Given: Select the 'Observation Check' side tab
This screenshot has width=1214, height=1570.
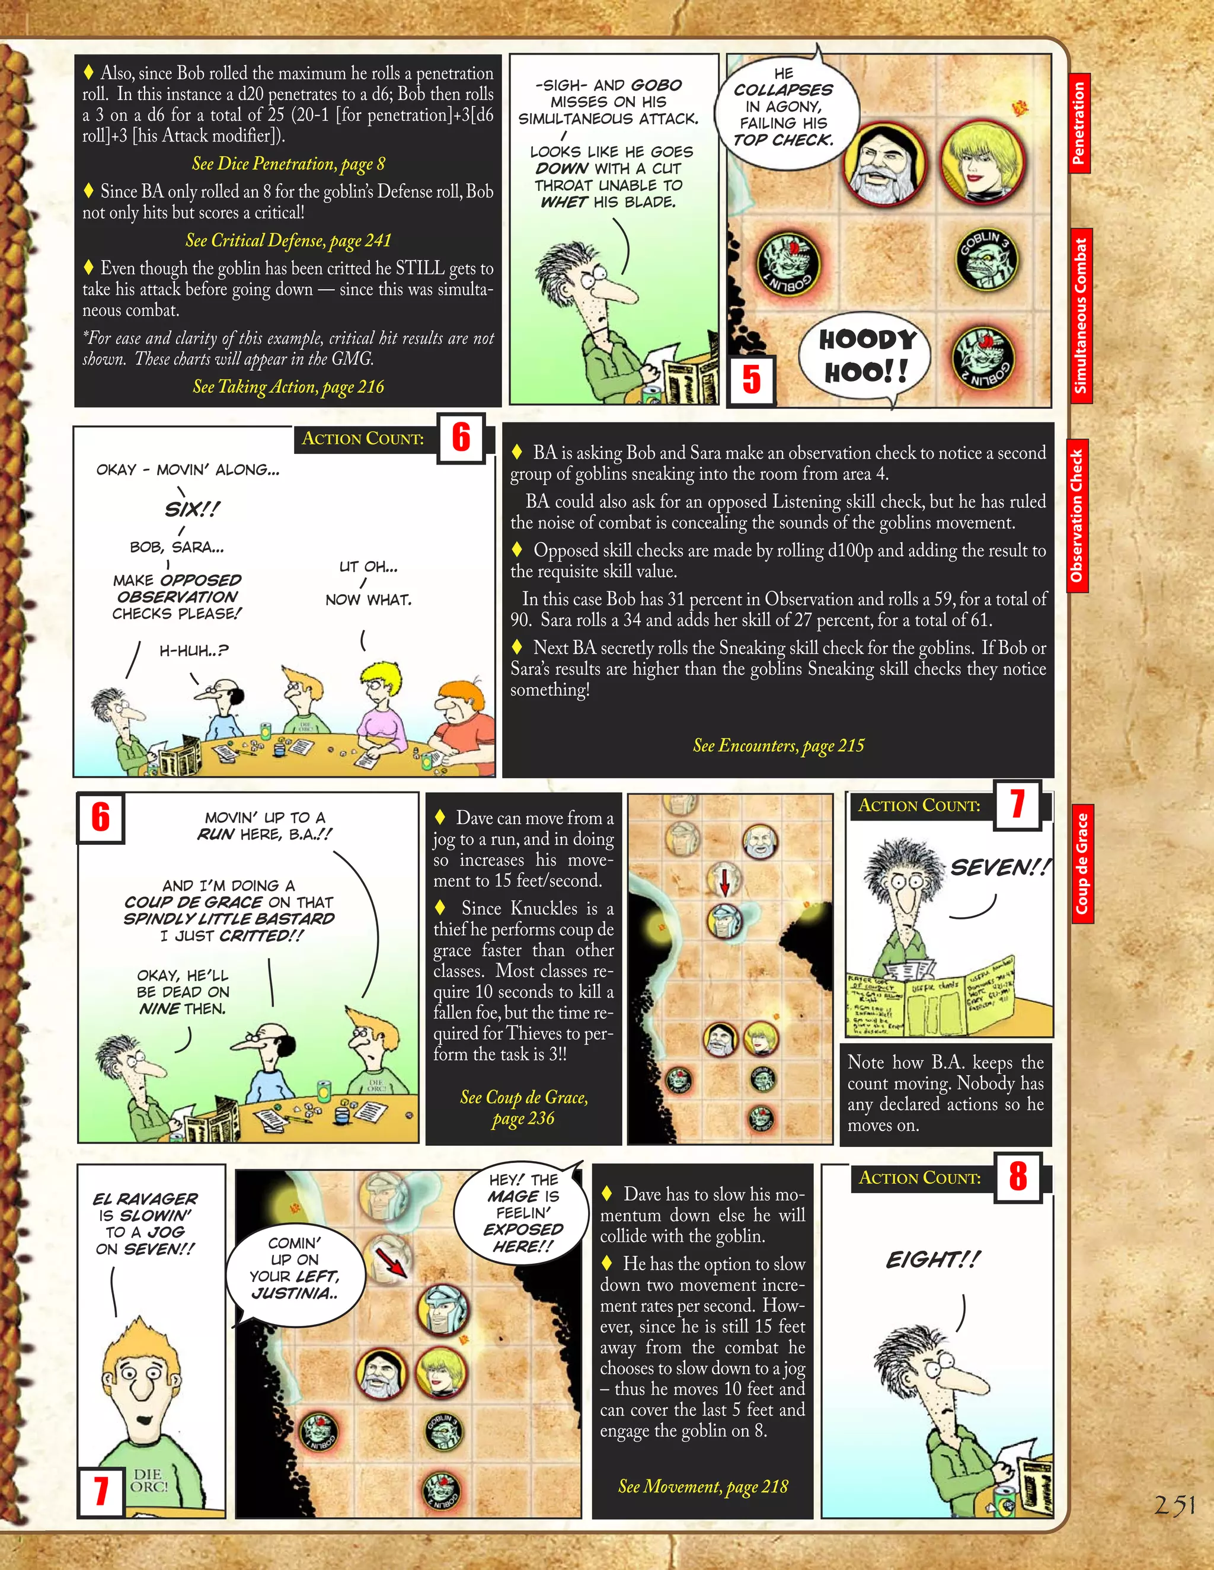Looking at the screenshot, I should pyautogui.click(x=1076, y=515).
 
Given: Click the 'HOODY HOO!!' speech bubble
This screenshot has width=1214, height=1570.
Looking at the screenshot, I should pyautogui.click(x=866, y=355).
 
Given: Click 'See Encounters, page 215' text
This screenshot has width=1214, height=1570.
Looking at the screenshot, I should pyautogui.click(x=778, y=745).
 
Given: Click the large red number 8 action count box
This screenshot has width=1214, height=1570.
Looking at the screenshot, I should pyautogui.click(x=1017, y=1177).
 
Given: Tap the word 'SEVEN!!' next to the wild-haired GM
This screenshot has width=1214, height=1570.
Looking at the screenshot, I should pyautogui.click(x=998, y=868).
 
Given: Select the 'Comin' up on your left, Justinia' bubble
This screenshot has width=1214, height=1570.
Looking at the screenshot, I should pyautogui.click(x=293, y=1267).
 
